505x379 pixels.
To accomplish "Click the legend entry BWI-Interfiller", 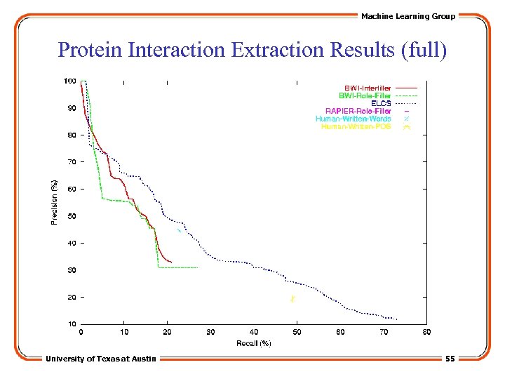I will coord(367,87).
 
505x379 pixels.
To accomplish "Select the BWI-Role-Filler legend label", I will coord(365,95).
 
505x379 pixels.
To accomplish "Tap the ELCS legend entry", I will coord(381,103).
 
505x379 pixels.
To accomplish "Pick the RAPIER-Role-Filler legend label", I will coord(358,111).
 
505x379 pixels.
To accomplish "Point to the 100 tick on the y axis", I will coord(70,81).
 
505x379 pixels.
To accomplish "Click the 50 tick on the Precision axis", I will coord(72,216).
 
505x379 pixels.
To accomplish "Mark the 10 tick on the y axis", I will coord(72,324).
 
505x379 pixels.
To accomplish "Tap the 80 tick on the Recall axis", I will coord(426,332).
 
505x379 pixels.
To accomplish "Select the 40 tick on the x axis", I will coord(254,332).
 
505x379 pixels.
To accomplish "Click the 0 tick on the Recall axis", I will coord(81,332).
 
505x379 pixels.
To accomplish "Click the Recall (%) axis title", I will coord(253,343).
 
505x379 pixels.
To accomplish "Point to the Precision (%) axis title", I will coord(54,202).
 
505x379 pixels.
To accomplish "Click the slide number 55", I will coord(450,359).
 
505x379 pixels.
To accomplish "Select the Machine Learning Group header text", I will coord(408,16).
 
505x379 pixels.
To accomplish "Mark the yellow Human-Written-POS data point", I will coord(293,299).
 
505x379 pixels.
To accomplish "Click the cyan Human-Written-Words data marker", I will coord(180,230).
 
